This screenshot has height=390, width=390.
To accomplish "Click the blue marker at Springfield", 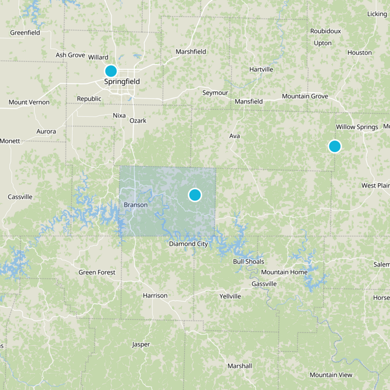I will coord(111,71).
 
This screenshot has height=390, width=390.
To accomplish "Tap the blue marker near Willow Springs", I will coord(334,146).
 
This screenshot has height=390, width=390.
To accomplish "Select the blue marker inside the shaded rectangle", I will coord(195,195).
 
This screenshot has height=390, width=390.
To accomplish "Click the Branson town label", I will coord(136,205).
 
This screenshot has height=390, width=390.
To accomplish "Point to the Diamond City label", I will coord(188,244).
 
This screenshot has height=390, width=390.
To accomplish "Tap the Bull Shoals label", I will coord(248,261).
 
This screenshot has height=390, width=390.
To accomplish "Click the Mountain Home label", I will coord(284,272).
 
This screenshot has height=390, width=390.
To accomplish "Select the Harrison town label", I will coord(155,295).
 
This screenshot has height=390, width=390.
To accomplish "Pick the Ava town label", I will coord(234,136).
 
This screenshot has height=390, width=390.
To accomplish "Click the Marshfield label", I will coord(191,52).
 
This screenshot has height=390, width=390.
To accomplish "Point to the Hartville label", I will coord(261,69).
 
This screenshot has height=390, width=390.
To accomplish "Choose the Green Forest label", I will coord(97,272).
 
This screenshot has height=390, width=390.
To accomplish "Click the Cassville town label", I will coord(20,197).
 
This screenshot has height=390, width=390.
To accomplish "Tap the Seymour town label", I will coord(215,93).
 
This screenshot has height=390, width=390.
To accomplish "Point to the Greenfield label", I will coord(25,33).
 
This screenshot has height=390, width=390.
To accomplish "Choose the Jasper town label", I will coord(141,344).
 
